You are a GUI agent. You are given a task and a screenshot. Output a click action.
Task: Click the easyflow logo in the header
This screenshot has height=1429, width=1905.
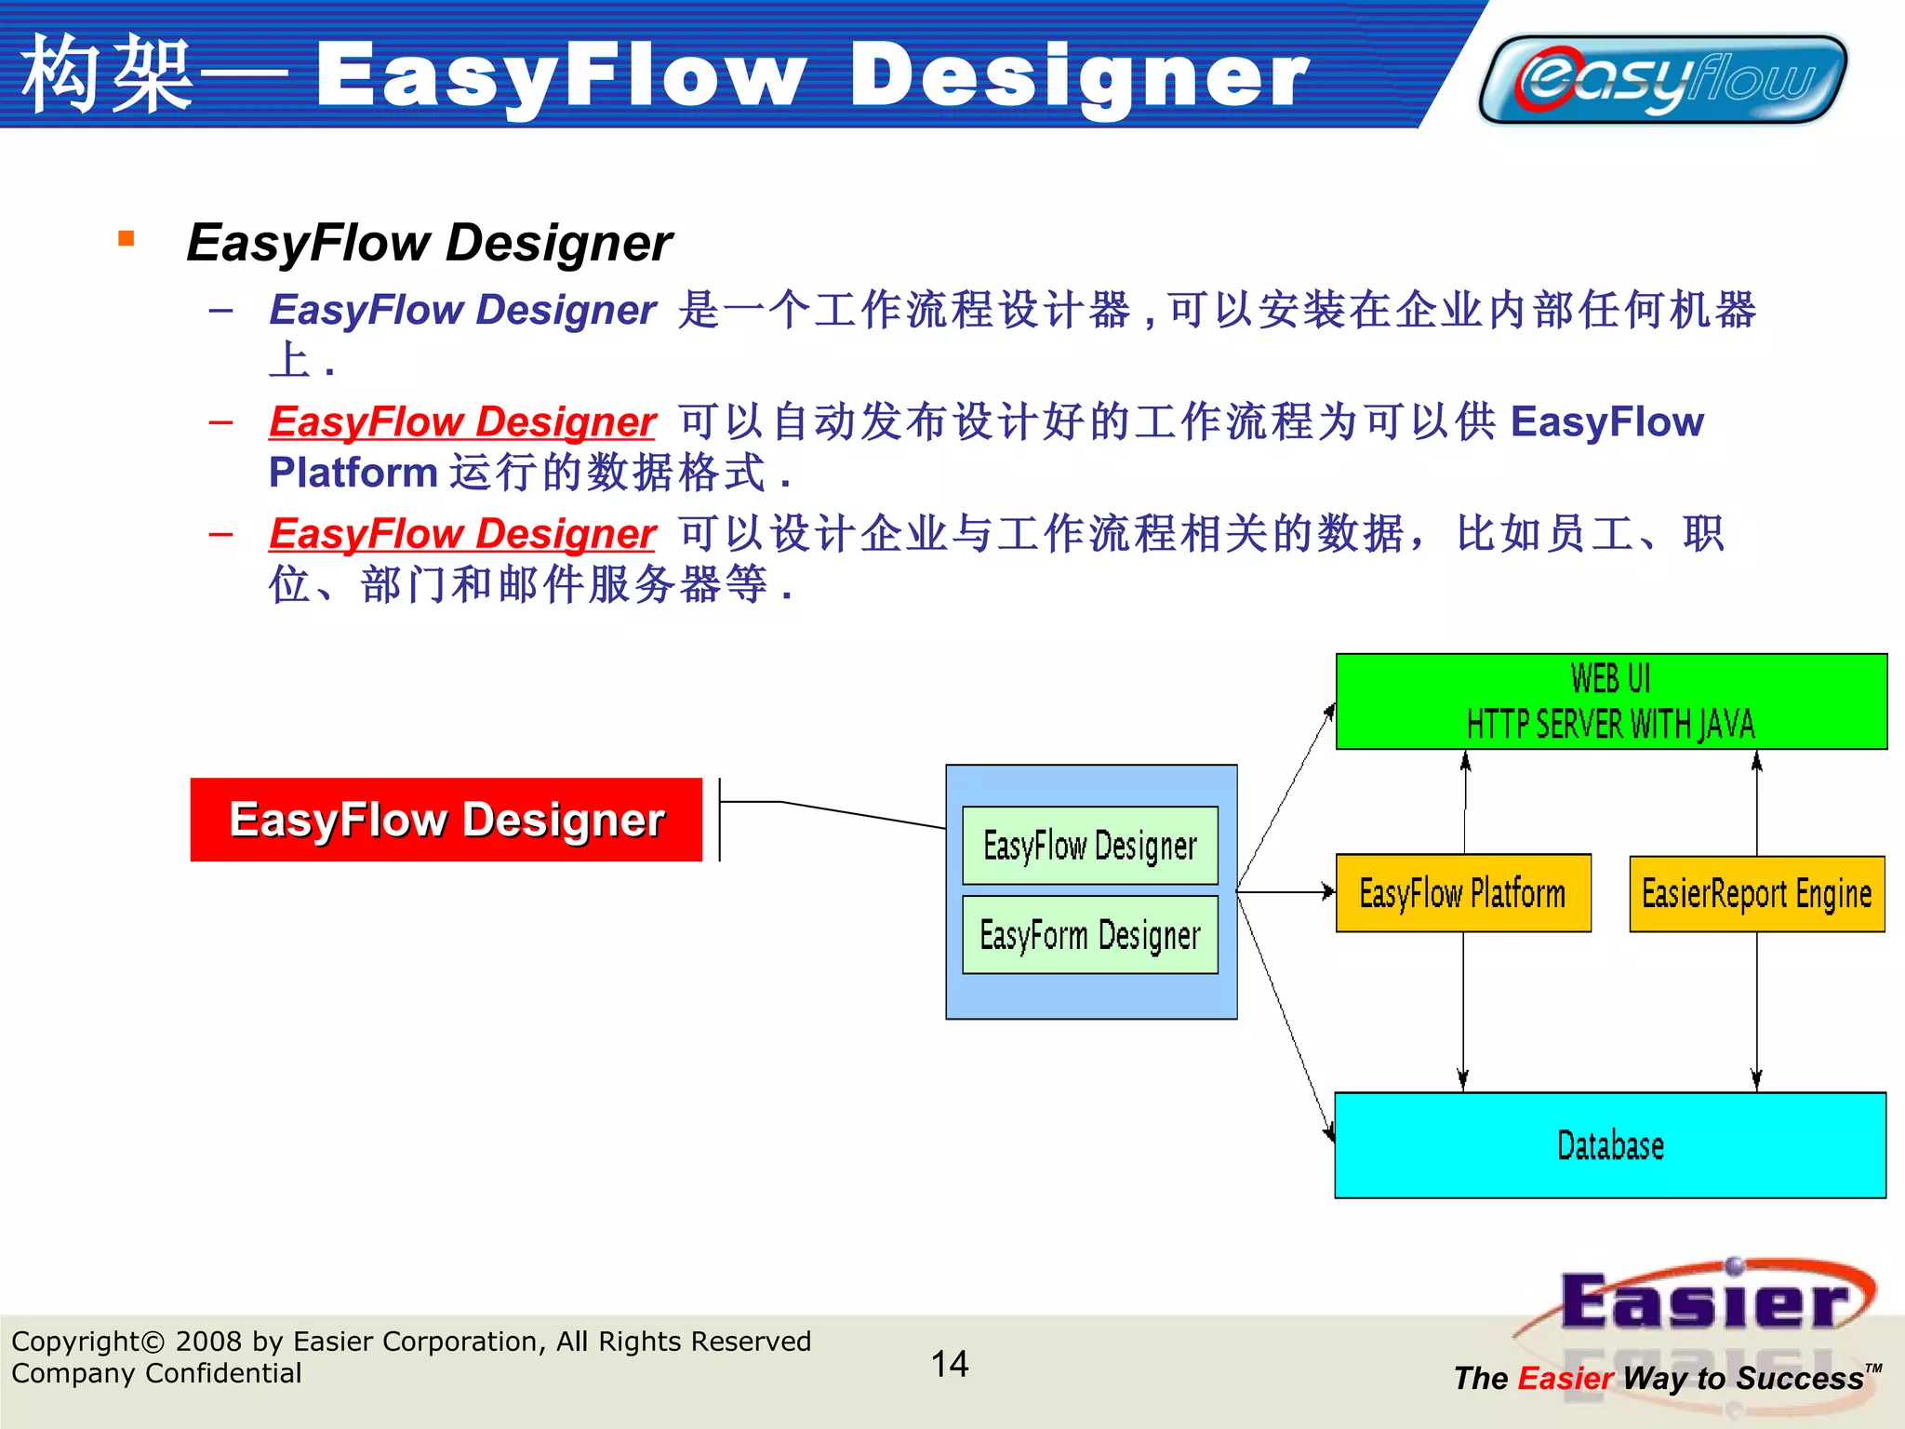click(1662, 79)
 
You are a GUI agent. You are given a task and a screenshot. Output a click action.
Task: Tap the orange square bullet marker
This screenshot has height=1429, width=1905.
click(127, 239)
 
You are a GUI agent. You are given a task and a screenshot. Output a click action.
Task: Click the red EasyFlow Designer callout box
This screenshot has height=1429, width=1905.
click(446, 820)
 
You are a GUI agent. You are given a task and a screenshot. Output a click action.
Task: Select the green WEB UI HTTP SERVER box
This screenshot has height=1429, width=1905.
click(1611, 701)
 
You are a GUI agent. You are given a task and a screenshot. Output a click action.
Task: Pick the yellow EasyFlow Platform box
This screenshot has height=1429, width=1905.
click(1462, 893)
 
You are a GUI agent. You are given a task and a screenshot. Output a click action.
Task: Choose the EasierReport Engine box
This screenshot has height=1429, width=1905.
click(1756, 894)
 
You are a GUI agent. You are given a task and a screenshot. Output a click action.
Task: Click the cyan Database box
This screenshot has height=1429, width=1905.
click(1610, 1145)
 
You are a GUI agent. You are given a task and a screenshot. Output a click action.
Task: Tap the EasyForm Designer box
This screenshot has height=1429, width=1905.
click(1090, 935)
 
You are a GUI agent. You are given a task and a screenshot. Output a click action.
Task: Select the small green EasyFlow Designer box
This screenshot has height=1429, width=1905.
click(1090, 846)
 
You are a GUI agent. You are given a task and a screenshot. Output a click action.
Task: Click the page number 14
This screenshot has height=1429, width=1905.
click(950, 1364)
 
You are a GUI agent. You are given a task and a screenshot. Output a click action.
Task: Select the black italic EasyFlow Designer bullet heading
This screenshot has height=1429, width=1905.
click(429, 243)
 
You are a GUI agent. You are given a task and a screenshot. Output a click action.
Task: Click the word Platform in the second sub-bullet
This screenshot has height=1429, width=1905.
click(353, 473)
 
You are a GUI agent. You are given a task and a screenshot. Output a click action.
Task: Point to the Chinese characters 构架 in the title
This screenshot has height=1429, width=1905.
click(107, 74)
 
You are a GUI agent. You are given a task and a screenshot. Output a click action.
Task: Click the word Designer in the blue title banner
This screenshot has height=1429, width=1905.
click(1079, 76)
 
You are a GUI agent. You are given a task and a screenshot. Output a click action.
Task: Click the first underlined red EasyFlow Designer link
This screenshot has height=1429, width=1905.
click(462, 421)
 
